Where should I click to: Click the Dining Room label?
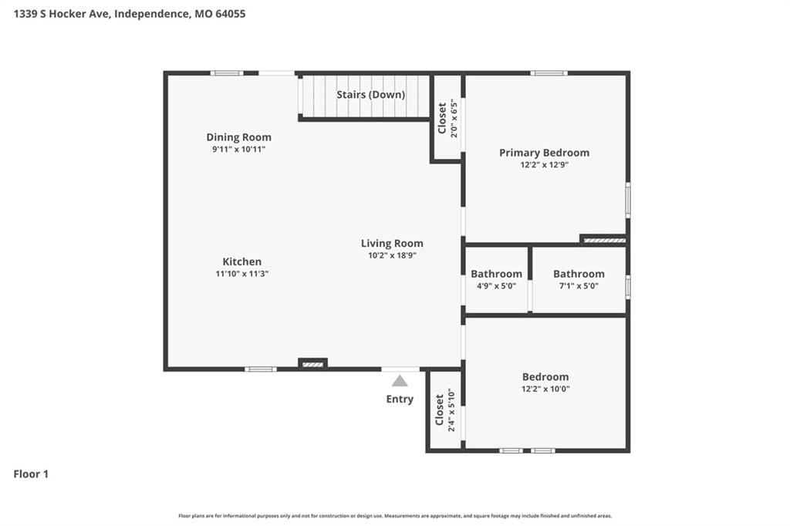click(239, 137)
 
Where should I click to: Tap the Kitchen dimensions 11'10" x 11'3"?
click(241, 274)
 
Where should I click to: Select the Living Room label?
click(392, 244)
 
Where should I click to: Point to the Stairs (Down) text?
click(371, 95)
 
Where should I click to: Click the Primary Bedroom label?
click(544, 153)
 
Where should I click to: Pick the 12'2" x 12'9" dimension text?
click(544, 165)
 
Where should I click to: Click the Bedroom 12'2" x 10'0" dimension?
click(545, 389)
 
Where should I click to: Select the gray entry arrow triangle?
click(400, 381)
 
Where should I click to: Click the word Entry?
click(400, 399)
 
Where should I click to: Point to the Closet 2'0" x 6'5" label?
click(447, 119)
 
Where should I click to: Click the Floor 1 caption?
click(31, 474)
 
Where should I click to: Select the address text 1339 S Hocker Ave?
click(61, 14)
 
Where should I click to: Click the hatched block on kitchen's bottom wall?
click(313, 364)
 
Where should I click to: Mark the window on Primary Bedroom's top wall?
click(549, 73)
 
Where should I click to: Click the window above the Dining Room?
click(227, 73)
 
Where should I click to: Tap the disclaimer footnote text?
click(395, 516)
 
